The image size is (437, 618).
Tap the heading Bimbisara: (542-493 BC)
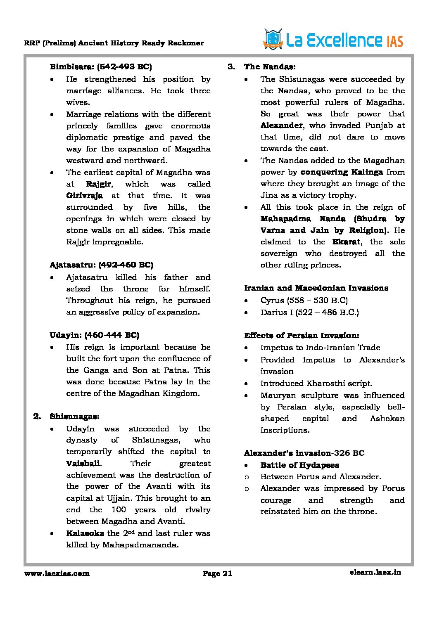100,67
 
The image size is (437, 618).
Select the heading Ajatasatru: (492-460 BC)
101,265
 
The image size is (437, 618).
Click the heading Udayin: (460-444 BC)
94,335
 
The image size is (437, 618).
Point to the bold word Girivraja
84,196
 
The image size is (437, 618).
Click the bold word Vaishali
83,464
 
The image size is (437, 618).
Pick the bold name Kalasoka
85,533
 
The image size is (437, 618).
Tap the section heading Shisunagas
74,416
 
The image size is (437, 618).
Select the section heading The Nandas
269,67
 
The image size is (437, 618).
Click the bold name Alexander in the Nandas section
281,125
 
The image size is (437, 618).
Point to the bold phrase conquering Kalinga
342,172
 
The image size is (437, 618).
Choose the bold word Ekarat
346,242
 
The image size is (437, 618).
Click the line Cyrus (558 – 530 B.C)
304,301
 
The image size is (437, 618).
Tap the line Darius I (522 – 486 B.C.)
309,313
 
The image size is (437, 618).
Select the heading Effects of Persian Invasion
302,336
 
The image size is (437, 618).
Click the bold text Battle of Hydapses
299,465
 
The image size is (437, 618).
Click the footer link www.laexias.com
57,573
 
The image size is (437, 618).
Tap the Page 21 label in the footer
217,573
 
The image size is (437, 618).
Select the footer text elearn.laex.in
375,572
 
